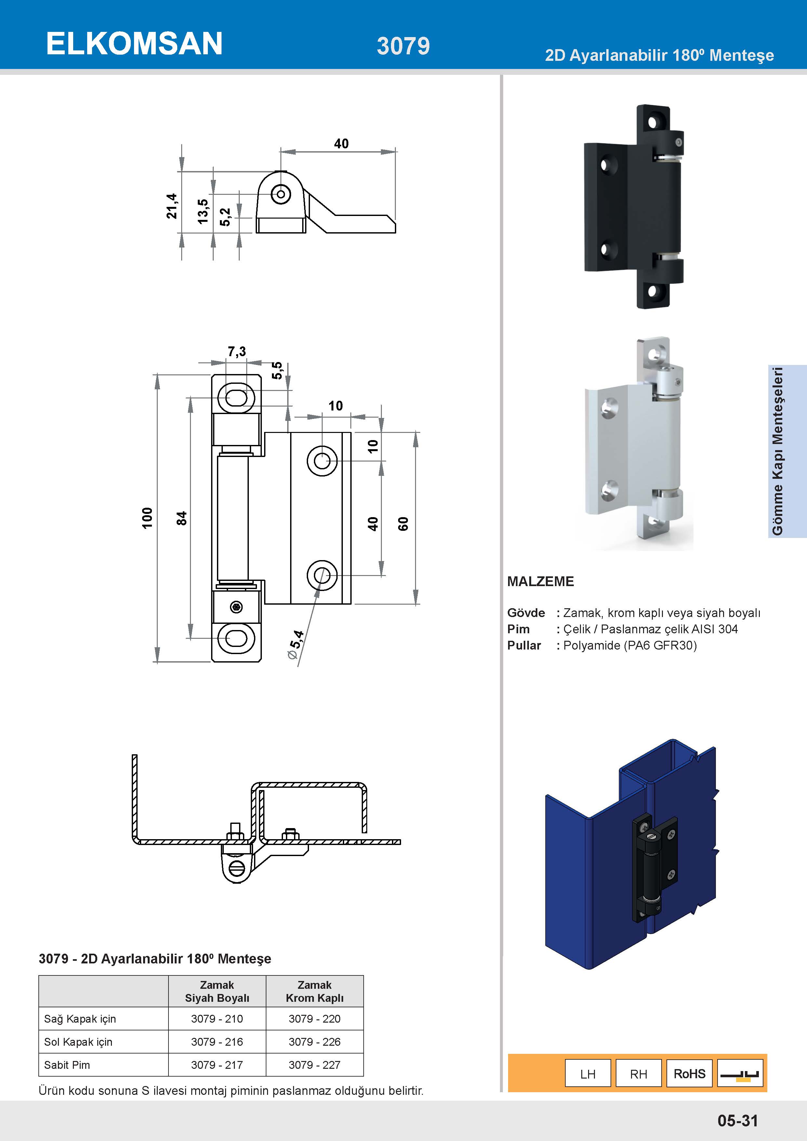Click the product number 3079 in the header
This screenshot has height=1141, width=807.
coord(403,46)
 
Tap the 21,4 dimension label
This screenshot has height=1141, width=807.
coord(171,206)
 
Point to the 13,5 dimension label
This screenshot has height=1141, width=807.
coord(203,211)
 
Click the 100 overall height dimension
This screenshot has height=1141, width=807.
coord(147,518)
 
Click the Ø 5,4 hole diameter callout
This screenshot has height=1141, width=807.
coord(296,645)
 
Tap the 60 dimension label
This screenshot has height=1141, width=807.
coord(403,524)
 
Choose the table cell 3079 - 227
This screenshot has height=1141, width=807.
coord(315,1065)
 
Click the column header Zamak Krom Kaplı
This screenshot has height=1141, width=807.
coord(315,991)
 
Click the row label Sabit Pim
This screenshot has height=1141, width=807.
coord(67,1065)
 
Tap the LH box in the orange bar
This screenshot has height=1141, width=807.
coord(588,1074)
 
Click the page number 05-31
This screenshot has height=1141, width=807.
coord(737,1121)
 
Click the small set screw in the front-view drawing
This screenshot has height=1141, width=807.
coord(236,607)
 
